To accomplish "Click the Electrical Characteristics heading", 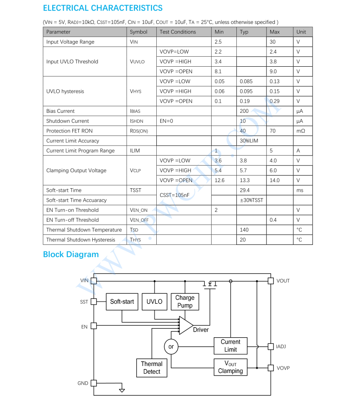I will pyautogui.click(x=103, y=8).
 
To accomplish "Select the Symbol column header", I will pyautogui.click(x=138, y=32).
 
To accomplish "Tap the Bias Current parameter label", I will pyautogui.click(x=61, y=111).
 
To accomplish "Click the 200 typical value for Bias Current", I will pyautogui.click(x=244, y=111).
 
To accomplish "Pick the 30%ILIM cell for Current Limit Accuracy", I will pyautogui.click(x=249, y=141).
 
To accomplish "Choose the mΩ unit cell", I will pyautogui.click(x=301, y=131).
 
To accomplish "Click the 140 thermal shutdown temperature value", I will pyautogui.click(x=244, y=230).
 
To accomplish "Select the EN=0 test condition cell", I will pyautogui.click(x=166, y=121).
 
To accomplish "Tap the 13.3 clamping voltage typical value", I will pyautogui.click(x=245, y=180).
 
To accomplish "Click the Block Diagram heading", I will pyautogui.click(x=71, y=254).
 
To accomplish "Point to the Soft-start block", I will pyautogui.click(x=122, y=302).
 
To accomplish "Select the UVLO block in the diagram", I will pyautogui.click(x=154, y=302).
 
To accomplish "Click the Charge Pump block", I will pyautogui.click(x=185, y=302).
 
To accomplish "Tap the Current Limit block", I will pyautogui.click(x=230, y=346).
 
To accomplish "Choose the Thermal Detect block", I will pyautogui.click(x=151, y=368).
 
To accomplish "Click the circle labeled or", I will pyautogui.click(x=171, y=347).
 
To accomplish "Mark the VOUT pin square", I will pyautogui.click(x=270, y=281).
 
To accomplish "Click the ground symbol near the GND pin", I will pyautogui.click(x=122, y=390).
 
